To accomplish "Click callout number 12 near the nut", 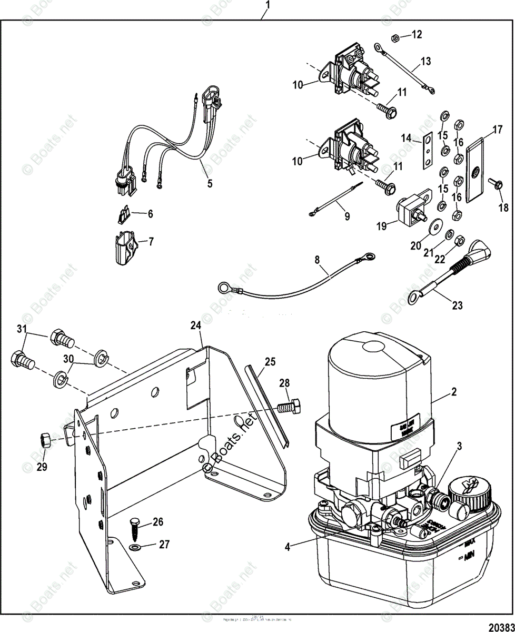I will coord(417,35).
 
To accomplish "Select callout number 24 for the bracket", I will coord(196,326).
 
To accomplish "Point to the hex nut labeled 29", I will coord(45,437).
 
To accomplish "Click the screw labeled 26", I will coord(134,527).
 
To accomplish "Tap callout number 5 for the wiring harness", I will coord(210,184).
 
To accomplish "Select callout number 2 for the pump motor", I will coord(453,392).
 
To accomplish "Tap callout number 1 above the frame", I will coord(268,5).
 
